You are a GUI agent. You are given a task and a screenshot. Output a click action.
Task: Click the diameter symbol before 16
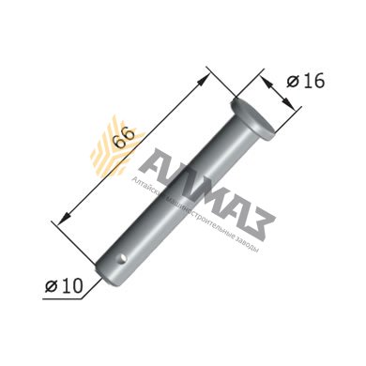292,83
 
